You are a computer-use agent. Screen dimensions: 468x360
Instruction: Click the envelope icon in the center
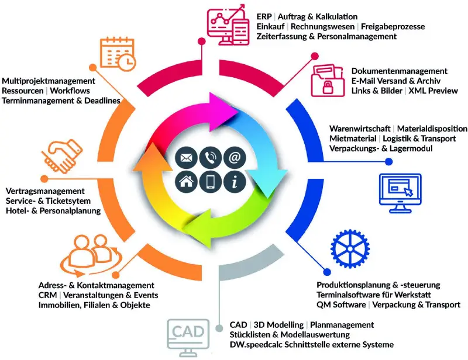(186, 157)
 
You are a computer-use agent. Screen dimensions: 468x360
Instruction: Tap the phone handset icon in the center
(210, 157)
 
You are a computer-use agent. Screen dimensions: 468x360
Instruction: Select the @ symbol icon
(235, 157)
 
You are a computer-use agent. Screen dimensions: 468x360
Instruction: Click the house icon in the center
(186, 181)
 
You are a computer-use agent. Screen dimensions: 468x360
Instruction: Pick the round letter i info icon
(235, 181)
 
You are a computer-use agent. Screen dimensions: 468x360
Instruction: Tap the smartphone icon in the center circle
(210, 181)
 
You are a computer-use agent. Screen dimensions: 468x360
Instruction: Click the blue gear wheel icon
(350, 248)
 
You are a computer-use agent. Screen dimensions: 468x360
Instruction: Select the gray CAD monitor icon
(188, 338)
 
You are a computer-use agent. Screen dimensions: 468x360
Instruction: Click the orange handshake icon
(62, 156)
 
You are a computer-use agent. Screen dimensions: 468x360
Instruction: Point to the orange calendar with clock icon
(118, 54)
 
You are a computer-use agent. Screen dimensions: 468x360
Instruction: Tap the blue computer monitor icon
(400, 193)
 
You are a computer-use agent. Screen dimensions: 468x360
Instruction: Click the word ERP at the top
(264, 17)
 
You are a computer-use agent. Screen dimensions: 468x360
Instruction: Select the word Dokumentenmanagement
(399, 71)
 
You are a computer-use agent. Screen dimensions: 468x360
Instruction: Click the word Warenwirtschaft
(360, 129)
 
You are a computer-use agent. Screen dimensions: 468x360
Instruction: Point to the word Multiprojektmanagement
(49, 81)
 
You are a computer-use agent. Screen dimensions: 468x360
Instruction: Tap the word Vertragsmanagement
(45, 191)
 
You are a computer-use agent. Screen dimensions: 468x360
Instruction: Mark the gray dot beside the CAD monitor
(219, 328)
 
